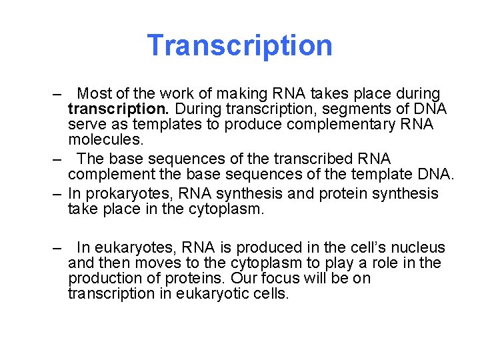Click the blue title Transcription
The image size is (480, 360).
[x=239, y=45]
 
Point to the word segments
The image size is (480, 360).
[x=353, y=109]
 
